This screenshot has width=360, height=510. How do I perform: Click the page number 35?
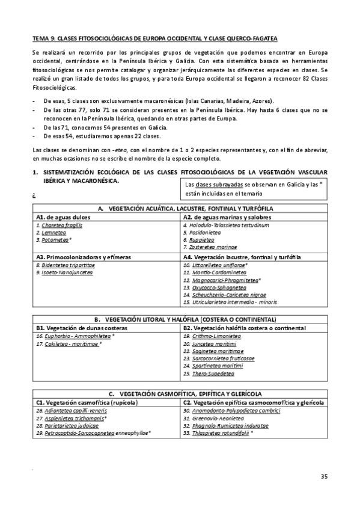(324, 477)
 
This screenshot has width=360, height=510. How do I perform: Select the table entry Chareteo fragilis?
(59, 225)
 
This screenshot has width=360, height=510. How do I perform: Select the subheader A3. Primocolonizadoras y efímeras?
(75, 256)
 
